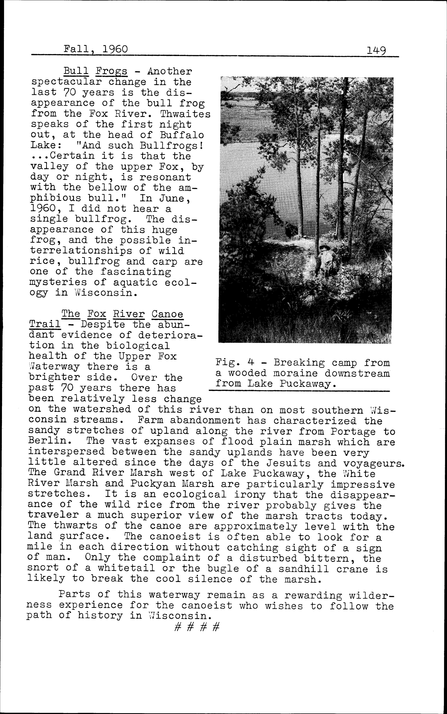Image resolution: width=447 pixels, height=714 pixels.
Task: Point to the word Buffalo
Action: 182,135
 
